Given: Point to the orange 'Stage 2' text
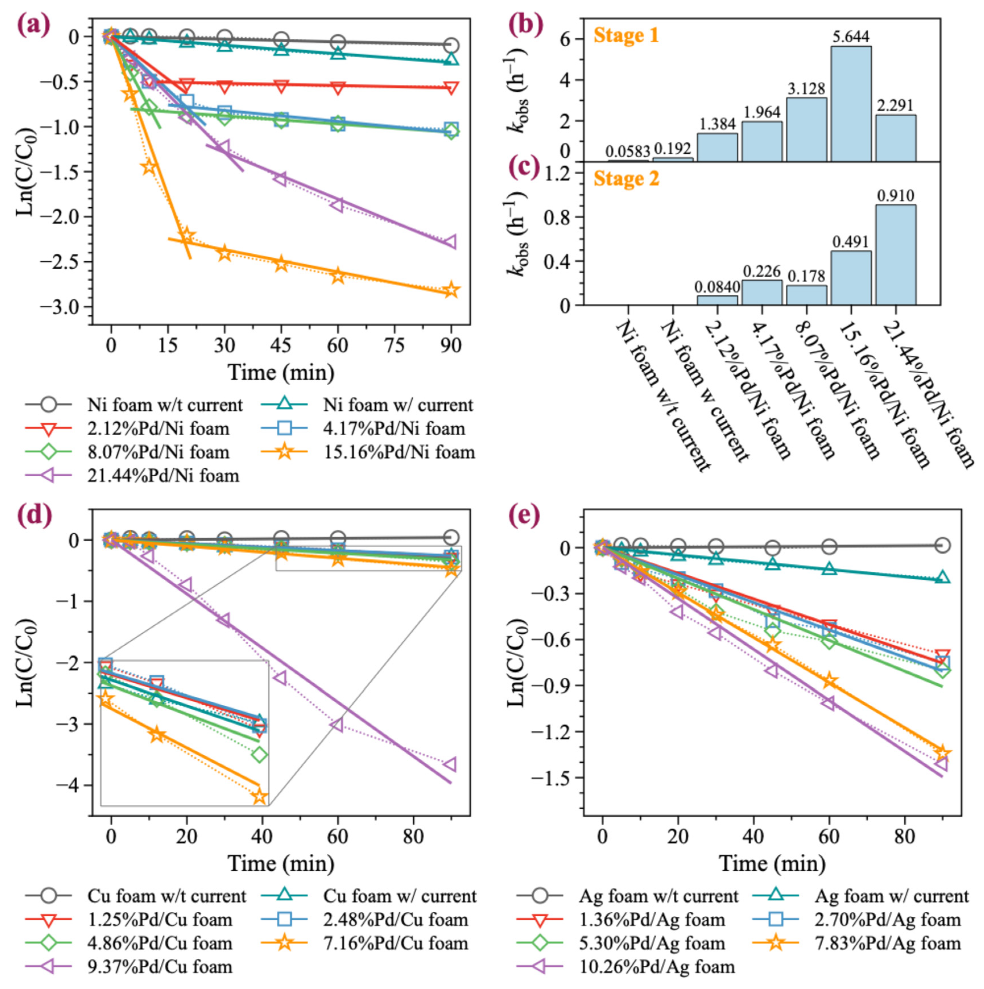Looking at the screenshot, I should [626, 179].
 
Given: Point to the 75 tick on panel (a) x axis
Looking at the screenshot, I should [394, 345].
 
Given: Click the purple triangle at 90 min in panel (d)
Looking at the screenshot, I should [450, 765].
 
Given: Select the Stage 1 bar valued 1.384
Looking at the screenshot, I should [717, 147].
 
